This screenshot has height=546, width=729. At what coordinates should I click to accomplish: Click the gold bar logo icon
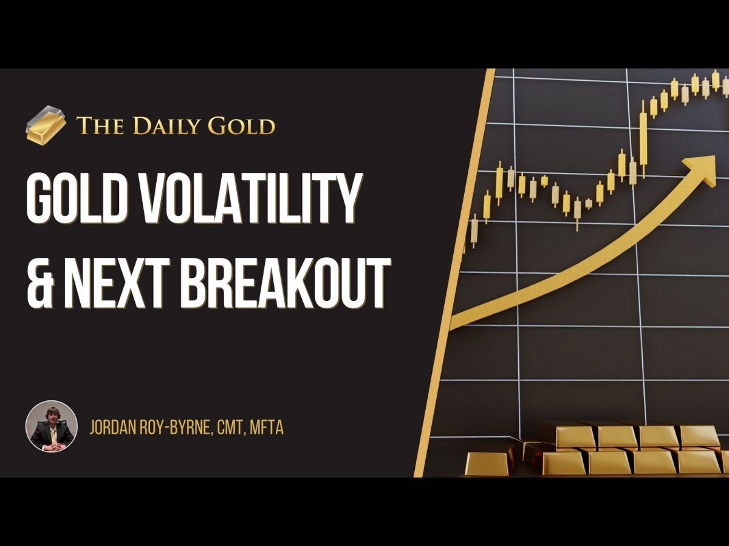(x=46, y=124)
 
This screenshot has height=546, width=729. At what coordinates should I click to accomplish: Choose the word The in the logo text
(x=96, y=126)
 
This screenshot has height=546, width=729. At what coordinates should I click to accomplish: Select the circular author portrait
(x=52, y=426)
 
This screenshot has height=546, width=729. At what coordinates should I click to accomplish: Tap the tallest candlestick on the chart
(x=643, y=138)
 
